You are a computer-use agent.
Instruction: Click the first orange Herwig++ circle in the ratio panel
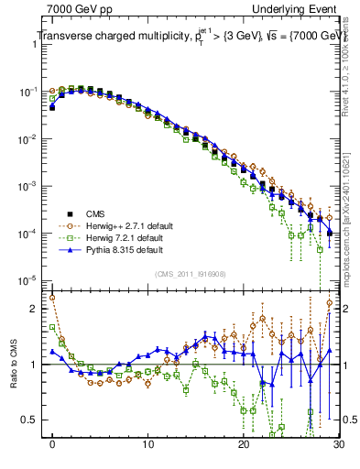click(52, 297)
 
